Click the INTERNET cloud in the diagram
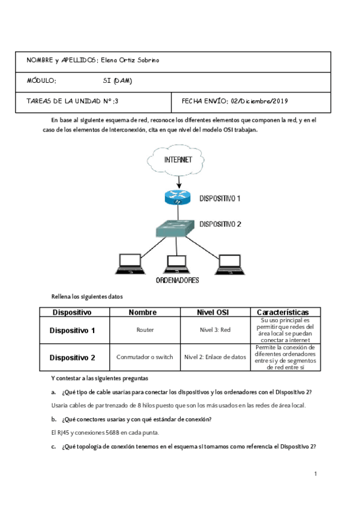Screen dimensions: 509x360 click(x=178, y=160)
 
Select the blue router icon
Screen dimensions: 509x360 click(x=178, y=197)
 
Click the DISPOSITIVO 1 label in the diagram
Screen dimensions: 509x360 click(x=220, y=197)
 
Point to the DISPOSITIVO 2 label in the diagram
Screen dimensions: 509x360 click(x=220, y=224)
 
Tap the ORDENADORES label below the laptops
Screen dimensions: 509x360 click(x=178, y=280)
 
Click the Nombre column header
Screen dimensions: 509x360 click(x=142, y=312)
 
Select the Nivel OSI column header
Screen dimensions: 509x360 click(x=215, y=312)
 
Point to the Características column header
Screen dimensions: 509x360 click(x=283, y=312)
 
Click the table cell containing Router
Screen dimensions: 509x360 click(x=145, y=330)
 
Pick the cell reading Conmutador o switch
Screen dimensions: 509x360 click(x=145, y=357)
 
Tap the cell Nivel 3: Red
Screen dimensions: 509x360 click(x=215, y=330)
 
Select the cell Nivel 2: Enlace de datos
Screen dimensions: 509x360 click(x=215, y=357)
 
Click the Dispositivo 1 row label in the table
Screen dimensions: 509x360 click(x=72, y=330)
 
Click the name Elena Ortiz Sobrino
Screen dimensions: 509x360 click(x=130, y=61)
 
